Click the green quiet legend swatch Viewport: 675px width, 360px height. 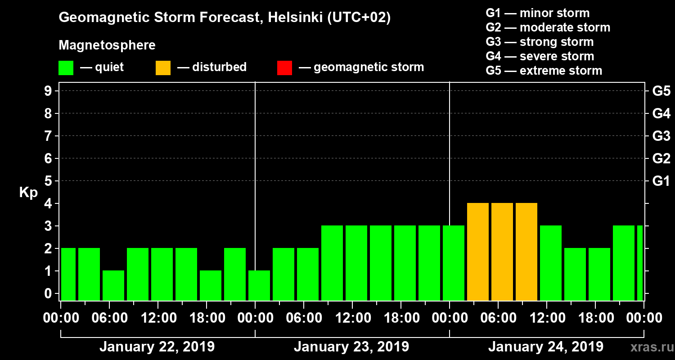pos(66,67)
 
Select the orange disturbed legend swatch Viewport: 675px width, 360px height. pos(163,67)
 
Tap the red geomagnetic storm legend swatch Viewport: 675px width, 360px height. pos(285,67)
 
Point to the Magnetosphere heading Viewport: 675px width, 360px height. pos(107,45)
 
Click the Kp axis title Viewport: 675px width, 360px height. pos(28,193)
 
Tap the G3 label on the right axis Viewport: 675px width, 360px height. pos(661,136)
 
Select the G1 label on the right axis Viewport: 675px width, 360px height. pos(661,181)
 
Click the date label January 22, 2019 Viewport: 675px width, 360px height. pos(157,347)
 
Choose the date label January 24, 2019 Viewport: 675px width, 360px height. pos(546,347)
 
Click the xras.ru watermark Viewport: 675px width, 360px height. pos(648,347)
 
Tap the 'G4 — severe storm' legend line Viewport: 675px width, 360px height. pos(540,56)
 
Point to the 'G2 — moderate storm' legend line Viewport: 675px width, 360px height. pos(548,27)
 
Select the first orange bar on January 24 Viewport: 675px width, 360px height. pos(478,252)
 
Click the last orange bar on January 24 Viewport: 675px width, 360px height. pos(526,252)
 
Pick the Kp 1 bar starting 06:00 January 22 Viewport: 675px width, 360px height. pos(113,285)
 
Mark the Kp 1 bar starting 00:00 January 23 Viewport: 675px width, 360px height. pos(259,285)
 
